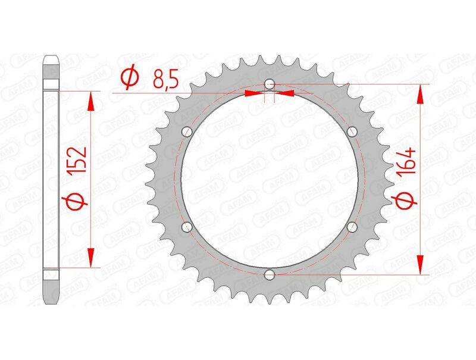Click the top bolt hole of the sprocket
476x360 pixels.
point(270,84)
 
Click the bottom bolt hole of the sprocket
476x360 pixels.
point(270,274)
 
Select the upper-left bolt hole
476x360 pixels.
point(187,132)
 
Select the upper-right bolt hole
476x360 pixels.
point(352,132)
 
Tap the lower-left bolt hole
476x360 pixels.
point(187,227)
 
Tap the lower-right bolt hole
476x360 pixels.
point(352,227)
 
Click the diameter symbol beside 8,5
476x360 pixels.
point(130,79)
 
